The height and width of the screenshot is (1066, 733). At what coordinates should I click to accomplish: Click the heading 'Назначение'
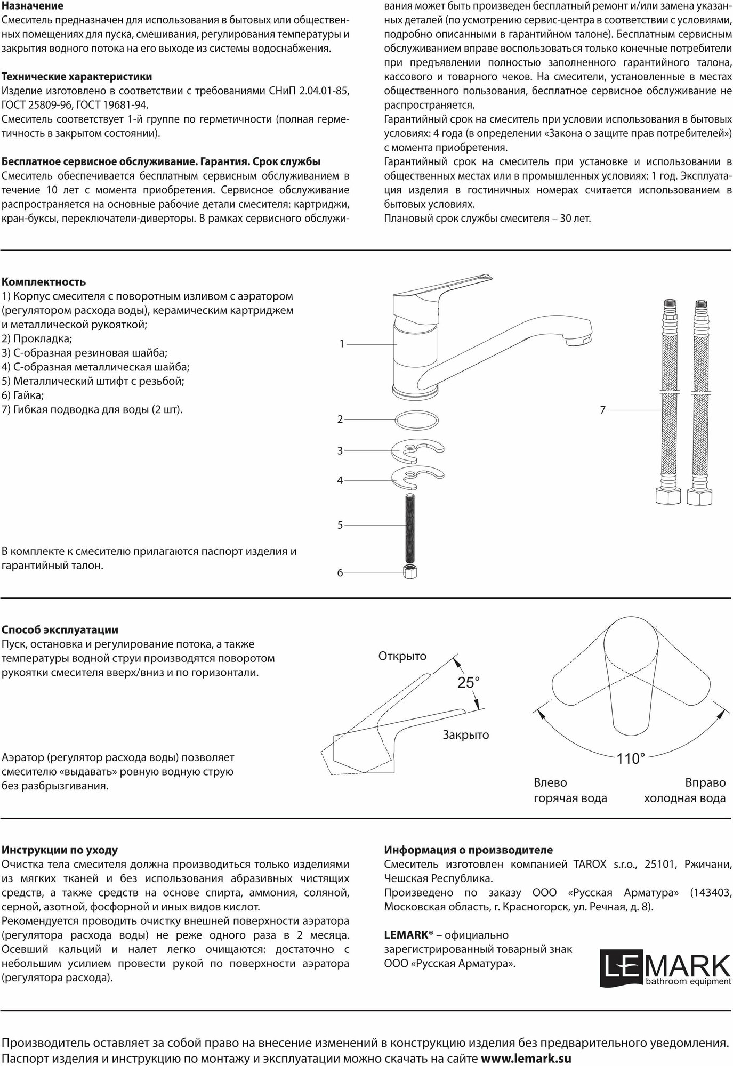33,6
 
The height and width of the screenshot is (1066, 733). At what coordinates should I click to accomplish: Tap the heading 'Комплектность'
44,282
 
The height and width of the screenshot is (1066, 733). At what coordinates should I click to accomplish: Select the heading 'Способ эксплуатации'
60,631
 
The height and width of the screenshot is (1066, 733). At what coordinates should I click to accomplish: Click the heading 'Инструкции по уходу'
60,850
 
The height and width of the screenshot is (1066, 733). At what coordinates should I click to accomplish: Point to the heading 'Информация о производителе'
469,850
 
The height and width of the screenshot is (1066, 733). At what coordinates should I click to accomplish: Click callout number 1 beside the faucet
342,344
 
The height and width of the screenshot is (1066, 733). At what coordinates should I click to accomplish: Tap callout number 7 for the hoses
603,410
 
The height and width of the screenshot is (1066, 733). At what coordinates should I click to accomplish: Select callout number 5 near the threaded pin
340,525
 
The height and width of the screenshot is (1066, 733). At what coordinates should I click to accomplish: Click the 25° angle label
469,682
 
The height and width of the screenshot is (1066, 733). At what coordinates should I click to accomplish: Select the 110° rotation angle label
631,758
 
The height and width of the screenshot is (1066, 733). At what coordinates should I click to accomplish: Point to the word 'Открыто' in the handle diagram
402,656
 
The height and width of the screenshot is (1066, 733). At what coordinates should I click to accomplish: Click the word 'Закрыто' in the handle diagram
465,735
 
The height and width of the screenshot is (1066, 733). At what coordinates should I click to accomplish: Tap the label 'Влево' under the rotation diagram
550,782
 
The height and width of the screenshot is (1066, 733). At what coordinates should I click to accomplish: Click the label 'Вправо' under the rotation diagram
705,782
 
